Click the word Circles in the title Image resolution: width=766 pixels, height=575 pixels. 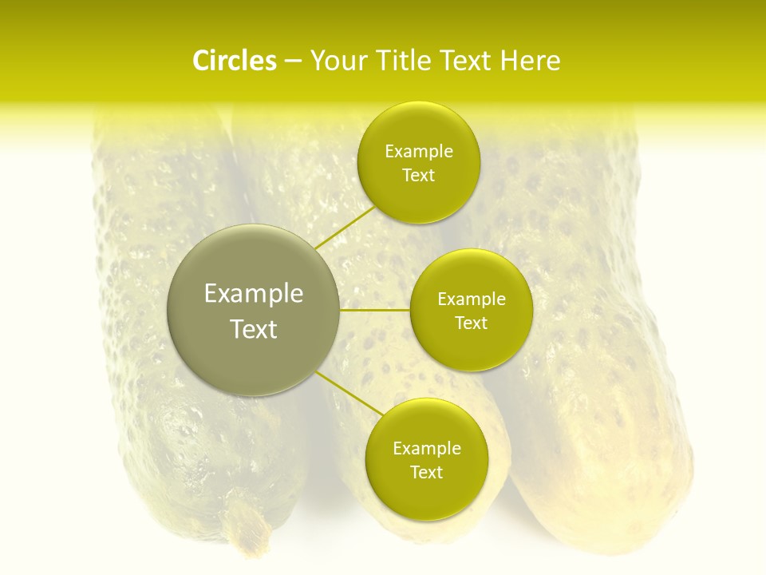click(234, 61)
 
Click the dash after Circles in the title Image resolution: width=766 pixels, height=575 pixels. click(293, 61)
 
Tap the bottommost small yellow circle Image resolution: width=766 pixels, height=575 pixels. click(426, 495)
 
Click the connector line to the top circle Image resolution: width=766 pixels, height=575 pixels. click(345, 228)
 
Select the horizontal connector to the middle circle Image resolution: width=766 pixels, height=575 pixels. click(374, 309)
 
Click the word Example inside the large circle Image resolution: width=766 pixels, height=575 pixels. click(253, 294)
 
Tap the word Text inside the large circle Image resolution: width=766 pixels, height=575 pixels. click(253, 329)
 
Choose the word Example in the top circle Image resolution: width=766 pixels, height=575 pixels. click(418, 152)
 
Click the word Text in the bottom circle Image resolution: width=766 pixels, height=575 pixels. click(426, 472)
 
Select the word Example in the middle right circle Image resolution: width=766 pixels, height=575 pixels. click(471, 299)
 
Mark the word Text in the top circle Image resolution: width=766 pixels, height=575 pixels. click(418, 176)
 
